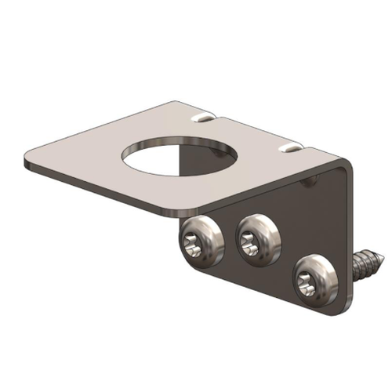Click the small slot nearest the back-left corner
203,118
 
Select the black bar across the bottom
196,358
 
